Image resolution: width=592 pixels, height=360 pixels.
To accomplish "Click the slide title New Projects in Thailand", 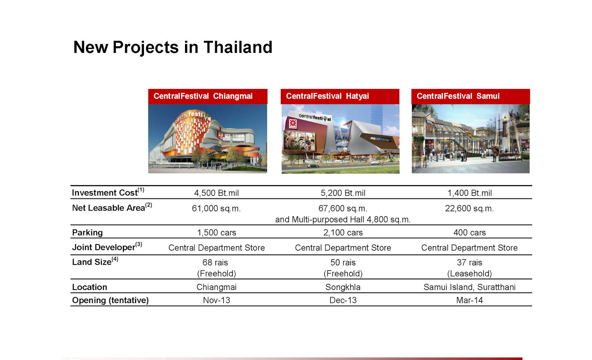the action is click(x=173, y=47).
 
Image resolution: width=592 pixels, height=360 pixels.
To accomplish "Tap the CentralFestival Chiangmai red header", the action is click(x=208, y=97).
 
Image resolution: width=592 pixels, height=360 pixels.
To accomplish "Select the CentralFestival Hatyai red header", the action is click(x=340, y=97).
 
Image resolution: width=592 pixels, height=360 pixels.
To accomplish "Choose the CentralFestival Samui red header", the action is click(x=471, y=97).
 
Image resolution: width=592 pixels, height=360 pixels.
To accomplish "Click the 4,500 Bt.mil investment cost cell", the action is click(x=216, y=193).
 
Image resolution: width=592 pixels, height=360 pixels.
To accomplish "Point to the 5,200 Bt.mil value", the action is click(x=343, y=193).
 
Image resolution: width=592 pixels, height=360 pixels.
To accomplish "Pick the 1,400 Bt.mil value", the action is click(x=470, y=193).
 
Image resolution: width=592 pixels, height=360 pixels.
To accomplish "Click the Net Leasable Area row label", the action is click(x=112, y=208).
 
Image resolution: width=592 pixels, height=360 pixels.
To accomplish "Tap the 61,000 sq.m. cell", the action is click(x=216, y=209).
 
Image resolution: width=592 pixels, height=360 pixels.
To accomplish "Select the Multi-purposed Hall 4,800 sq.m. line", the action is click(x=343, y=219).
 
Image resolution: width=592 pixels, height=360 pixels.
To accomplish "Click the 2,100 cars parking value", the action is click(x=343, y=233).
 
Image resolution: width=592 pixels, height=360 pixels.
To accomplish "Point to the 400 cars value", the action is click(x=470, y=233).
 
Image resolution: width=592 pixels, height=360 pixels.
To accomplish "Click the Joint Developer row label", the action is click(x=107, y=247).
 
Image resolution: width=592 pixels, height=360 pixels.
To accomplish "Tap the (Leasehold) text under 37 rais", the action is click(x=470, y=273).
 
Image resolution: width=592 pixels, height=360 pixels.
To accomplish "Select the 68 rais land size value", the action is click(x=215, y=262).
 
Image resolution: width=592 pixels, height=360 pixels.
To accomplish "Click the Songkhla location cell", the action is click(x=343, y=287).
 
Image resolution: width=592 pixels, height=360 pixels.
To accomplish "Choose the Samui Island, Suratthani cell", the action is click(x=470, y=287).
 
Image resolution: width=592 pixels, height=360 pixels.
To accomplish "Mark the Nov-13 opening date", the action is click(x=216, y=300).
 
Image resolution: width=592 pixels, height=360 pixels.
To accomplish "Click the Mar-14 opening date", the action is click(x=470, y=300).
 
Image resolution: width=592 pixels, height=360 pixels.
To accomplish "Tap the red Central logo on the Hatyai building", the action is click(x=293, y=124).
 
